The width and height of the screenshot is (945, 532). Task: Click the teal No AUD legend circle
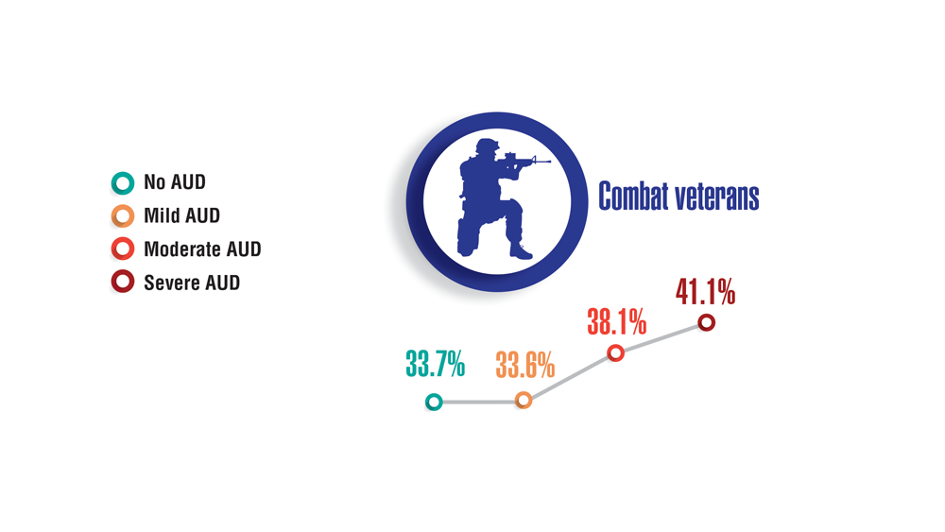[x=123, y=183]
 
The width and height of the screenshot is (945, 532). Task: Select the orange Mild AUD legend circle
[x=123, y=216]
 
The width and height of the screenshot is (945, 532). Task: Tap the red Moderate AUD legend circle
[x=123, y=249]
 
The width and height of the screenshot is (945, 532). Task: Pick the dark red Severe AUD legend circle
[x=123, y=282]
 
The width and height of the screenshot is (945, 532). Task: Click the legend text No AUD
[x=175, y=182]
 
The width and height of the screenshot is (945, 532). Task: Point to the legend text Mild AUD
[x=182, y=215]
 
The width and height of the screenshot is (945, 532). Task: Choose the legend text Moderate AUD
[x=202, y=249]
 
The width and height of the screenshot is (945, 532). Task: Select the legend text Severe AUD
[x=192, y=283]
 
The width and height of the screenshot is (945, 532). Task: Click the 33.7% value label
[x=435, y=364]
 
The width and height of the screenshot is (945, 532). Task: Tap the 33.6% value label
[x=524, y=365]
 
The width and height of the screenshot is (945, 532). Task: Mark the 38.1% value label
[x=616, y=321]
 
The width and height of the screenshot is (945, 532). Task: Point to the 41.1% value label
[x=705, y=292]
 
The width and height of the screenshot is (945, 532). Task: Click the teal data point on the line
[x=434, y=402]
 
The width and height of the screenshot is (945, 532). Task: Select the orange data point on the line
[x=524, y=400]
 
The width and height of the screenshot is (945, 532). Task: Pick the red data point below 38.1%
[x=615, y=352]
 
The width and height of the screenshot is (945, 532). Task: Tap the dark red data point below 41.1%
[x=706, y=323]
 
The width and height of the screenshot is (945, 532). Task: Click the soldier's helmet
[x=487, y=146]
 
